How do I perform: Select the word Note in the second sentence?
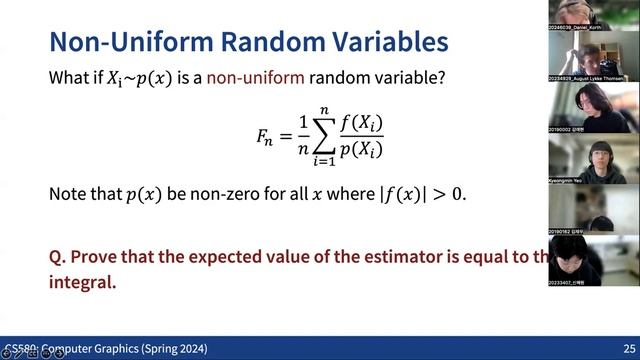(x=69, y=194)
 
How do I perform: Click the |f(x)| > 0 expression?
(x=421, y=194)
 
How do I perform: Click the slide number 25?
(x=628, y=349)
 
